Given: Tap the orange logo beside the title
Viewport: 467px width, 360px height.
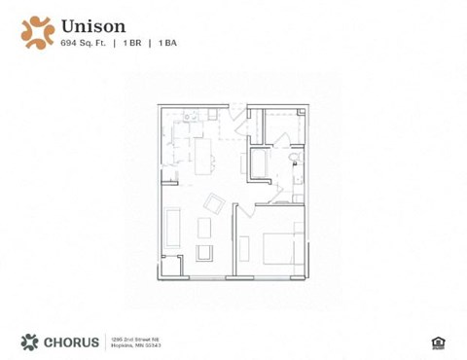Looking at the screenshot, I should click(x=38, y=30).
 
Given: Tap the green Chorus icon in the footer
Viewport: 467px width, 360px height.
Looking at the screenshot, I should click(x=30, y=341).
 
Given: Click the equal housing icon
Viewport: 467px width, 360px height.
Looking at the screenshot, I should click(x=436, y=341).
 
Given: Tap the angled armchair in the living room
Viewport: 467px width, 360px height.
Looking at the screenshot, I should click(x=214, y=203).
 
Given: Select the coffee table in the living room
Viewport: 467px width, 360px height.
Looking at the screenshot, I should click(x=204, y=228).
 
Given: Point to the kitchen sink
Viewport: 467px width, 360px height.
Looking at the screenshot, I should click(x=187, y=118).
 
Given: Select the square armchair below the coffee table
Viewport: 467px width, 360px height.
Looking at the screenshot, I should click(x=204, y=254).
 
